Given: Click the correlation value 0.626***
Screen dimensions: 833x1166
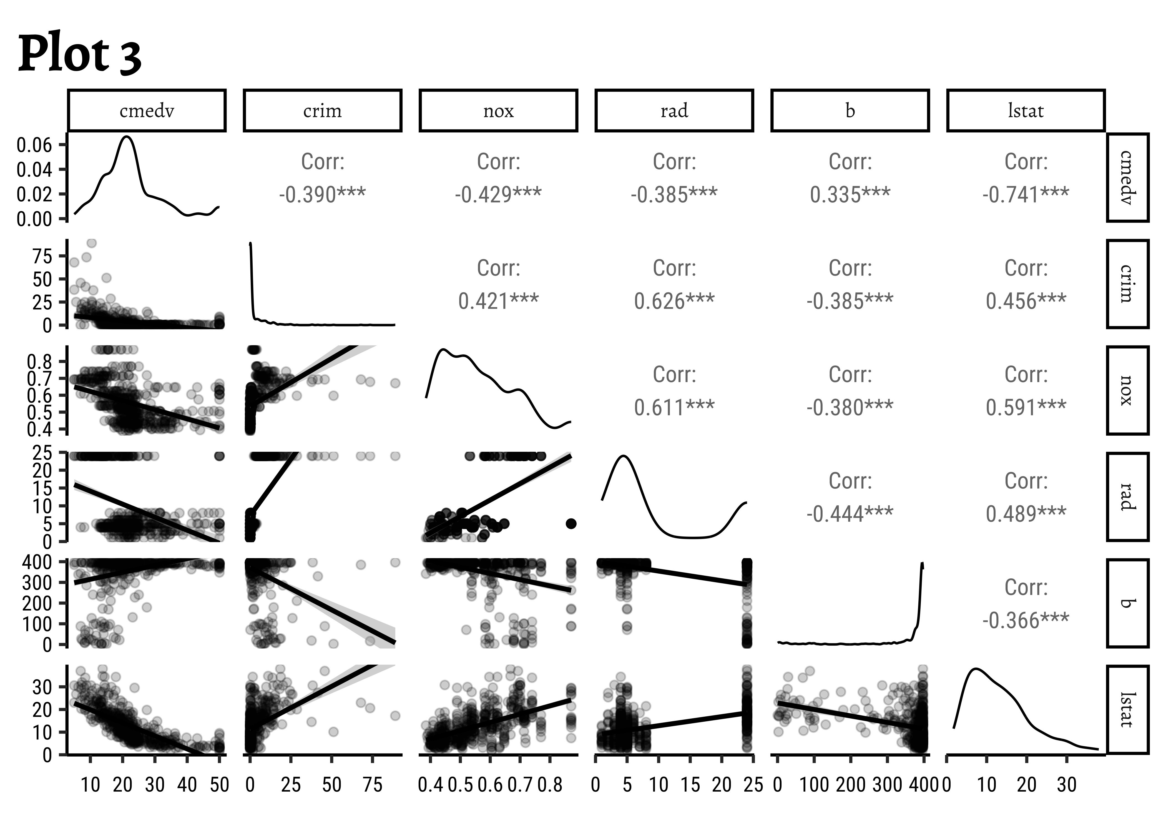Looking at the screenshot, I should (x=674, y=301).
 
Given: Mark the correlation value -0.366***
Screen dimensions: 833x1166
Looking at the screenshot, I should (x=1026, y=620).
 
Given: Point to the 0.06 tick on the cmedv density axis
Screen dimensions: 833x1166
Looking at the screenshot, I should (x=35, y=145).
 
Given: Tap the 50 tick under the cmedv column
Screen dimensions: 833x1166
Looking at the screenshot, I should (x=220, y=785).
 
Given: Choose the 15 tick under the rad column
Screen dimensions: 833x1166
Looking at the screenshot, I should (x=690, y=785).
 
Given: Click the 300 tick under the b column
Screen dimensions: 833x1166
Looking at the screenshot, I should (x=888, y=785).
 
